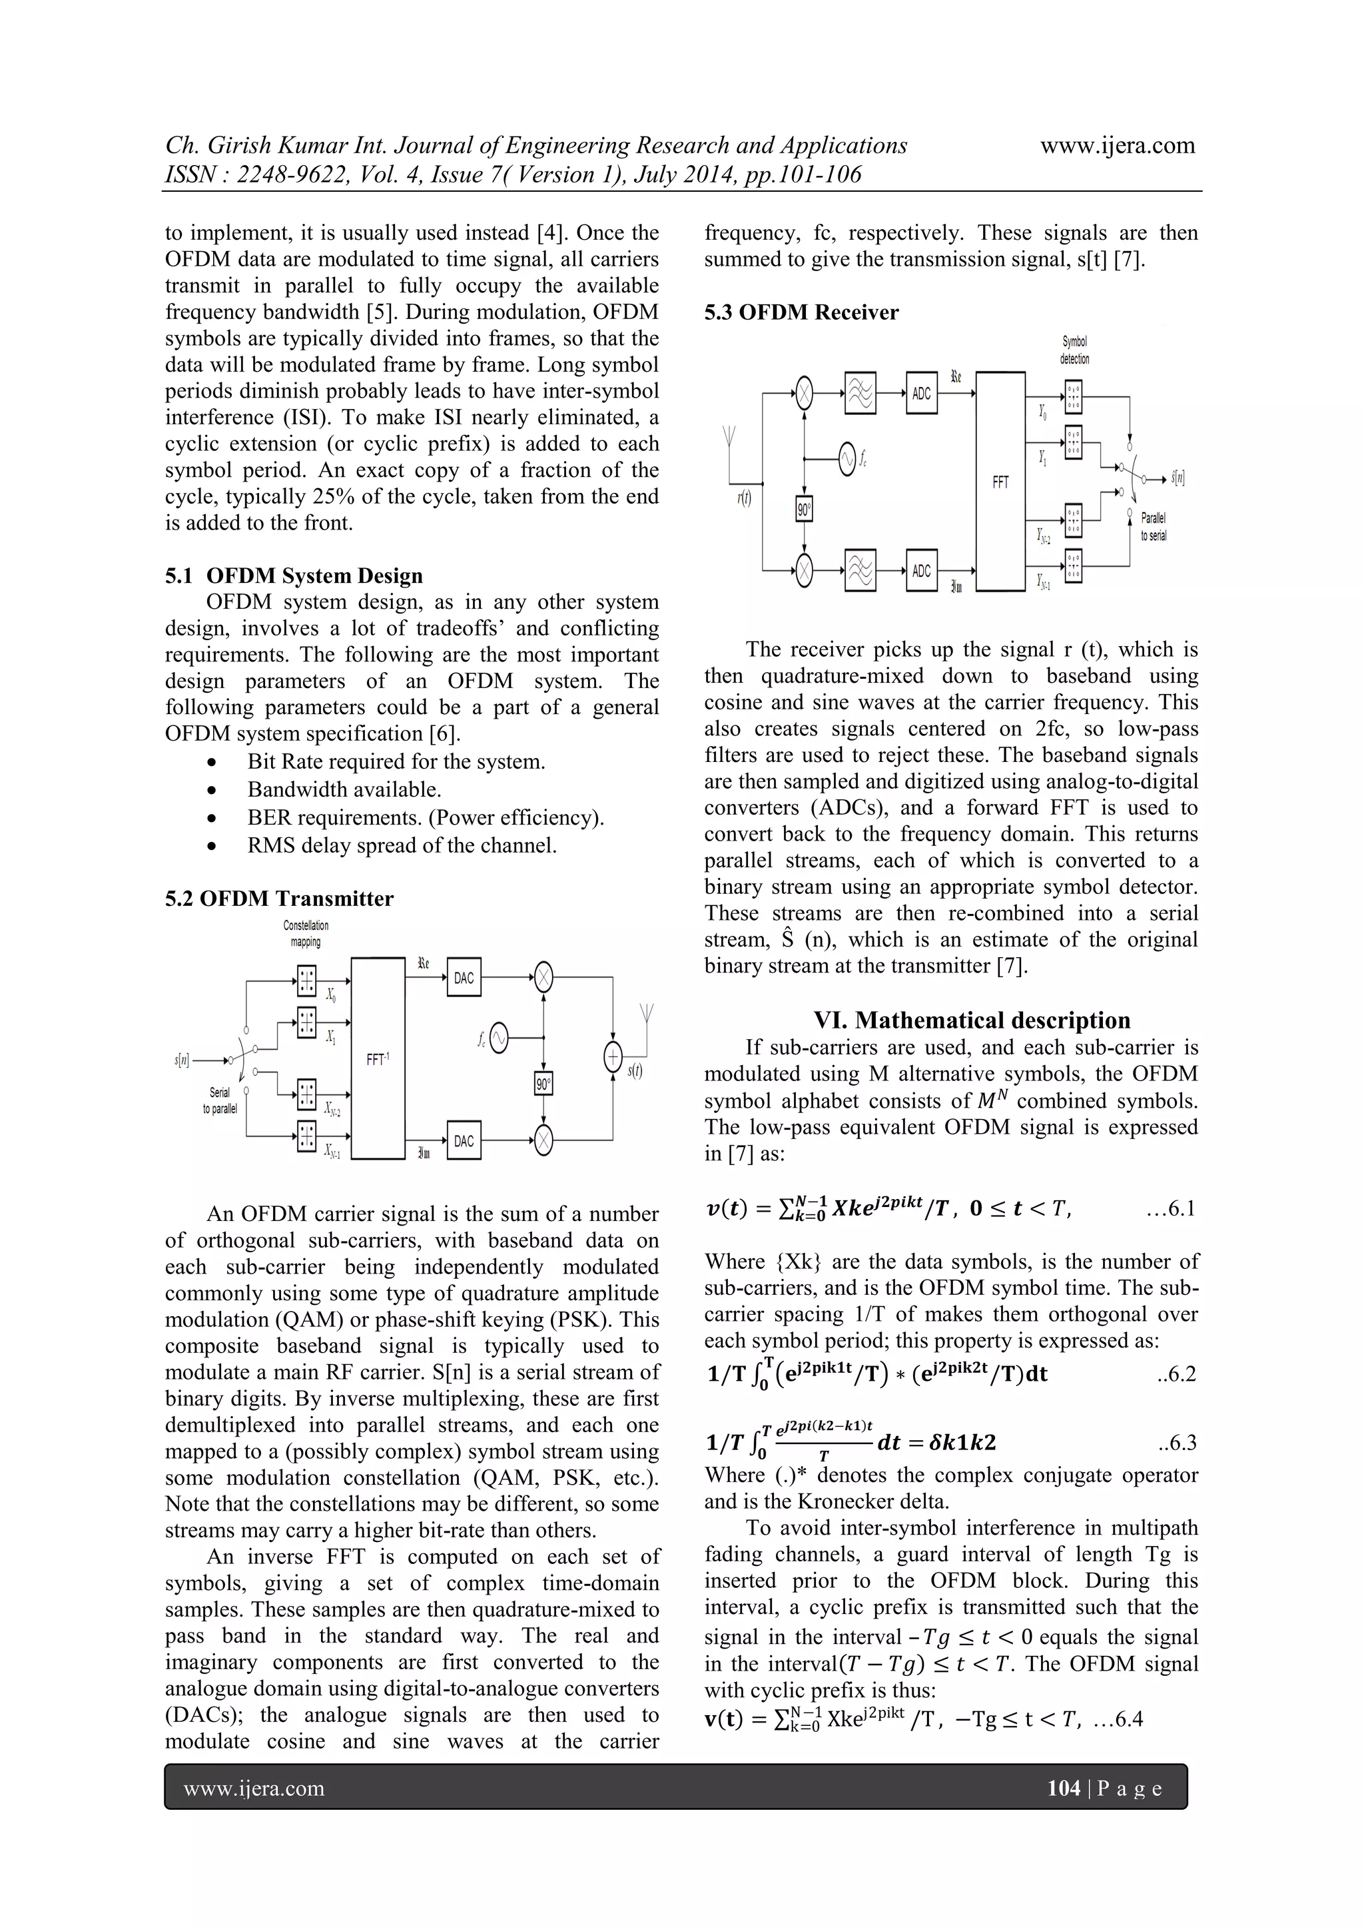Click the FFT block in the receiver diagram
[1000, 482]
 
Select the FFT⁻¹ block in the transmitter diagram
[378, 1058]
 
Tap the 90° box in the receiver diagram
[804, 509]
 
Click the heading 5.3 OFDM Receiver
[801, 312]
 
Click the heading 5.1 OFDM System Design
[294, 576]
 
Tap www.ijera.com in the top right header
[1117, 145]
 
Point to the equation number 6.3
[1176, 1443]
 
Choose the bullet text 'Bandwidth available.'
[344, 790]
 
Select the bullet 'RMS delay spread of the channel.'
[402, 845]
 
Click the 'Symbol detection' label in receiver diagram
[1075, 350]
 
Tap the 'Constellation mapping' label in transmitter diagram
[306, 933]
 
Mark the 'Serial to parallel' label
[220, 1100]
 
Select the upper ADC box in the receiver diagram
[921, 392]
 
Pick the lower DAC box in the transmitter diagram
[464, 1141]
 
